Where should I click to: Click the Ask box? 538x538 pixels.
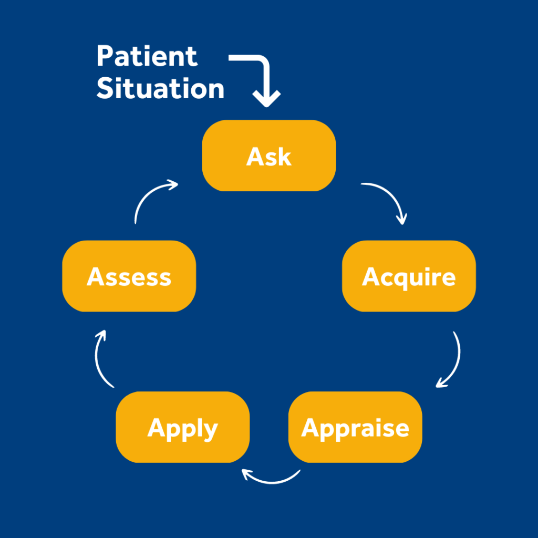tap(269, 156)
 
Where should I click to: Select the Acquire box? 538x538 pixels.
tap(409, 276)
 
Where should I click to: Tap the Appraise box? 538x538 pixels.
tap(355, 427)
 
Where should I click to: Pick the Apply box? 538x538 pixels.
tap(182, 427)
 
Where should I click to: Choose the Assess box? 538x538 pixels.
tap(129, 276)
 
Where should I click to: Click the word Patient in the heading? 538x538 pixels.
tap(147, 56)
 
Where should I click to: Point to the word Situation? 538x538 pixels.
tap(160, 88)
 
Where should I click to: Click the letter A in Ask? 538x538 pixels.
tap(255, 157)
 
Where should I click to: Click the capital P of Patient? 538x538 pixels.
tap(105, 56)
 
